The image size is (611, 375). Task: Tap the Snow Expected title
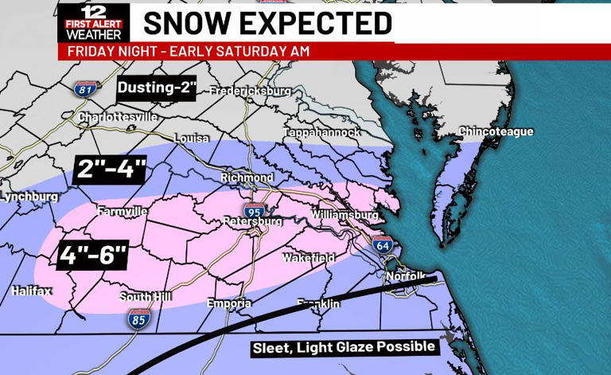point(267,23)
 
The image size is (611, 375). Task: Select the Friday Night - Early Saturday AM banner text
point(188,52)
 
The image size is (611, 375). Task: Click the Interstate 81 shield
point(86,88)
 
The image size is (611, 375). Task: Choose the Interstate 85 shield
point(138,319)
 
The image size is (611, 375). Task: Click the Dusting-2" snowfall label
point(157,88)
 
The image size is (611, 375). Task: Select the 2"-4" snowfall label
point(111,168)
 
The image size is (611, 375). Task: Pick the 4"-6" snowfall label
point(93,255)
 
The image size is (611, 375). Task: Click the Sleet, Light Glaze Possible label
point(344,347)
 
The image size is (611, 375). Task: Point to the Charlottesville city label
point(117,117)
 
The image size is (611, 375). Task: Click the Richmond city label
point(247,178)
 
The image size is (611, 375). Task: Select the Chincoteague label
point(496,131)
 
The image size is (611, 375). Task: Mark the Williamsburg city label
point(344,215)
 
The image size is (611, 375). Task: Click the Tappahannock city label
point(321,132)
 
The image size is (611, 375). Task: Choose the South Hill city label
point(146,297)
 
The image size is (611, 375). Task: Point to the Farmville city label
point(122,212)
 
